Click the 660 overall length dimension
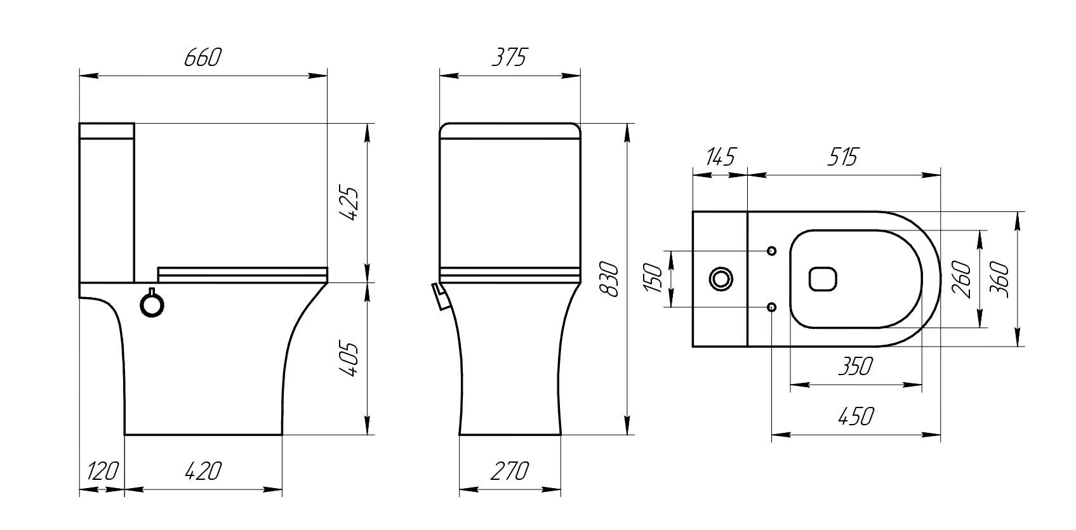coord(203,58)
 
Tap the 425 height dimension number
coord(349,202)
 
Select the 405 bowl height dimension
coord(349,359)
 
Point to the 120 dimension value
coord(102,472)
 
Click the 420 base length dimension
coord(203,472)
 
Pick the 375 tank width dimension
coord(510,58)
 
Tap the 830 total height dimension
coord(609,279)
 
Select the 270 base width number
coord(510,472)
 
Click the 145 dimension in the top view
coord(720,157)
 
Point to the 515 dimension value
coord(843,157)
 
